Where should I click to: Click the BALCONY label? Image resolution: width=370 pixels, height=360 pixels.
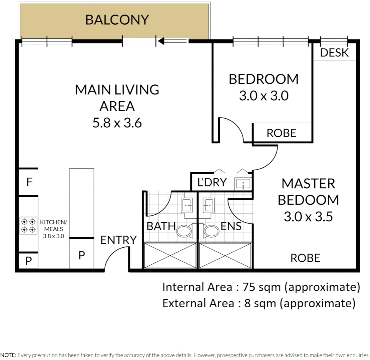coord(116,20)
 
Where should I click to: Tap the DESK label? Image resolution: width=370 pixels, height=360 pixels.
coord(334,53)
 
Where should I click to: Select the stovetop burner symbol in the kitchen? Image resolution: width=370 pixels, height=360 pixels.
coord(28,225)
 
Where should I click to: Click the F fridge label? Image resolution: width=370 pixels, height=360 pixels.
coord(29,182)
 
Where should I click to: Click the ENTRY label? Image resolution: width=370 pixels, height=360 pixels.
coord(119,240)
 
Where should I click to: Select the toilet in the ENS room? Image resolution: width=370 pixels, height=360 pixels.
coord(210,231)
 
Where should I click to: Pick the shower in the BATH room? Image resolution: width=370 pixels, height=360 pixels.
coord(170,256)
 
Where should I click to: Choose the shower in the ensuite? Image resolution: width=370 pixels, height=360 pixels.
coord(225,256)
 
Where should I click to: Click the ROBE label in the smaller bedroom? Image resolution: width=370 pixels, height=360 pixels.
coord(281,133)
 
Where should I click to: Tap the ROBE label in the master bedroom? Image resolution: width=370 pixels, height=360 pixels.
coord(305,258)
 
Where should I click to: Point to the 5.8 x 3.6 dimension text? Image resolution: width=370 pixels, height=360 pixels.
coord(117,123)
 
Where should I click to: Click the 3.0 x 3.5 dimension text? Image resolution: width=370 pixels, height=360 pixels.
coord(308,217)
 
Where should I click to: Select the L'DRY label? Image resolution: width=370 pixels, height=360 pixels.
coord(212,182)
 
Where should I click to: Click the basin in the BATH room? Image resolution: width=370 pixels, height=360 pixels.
coord(187,205)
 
